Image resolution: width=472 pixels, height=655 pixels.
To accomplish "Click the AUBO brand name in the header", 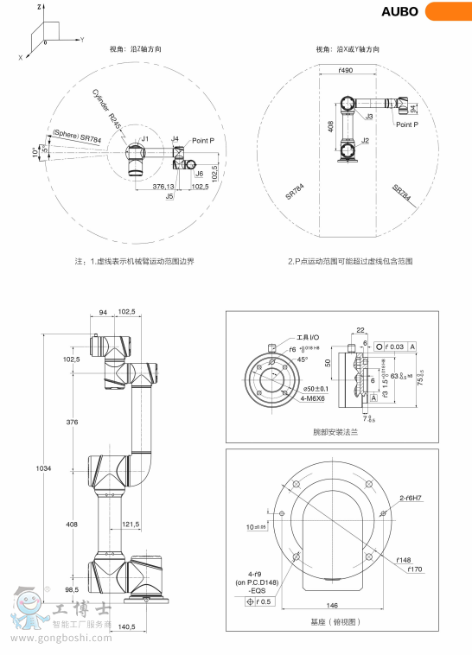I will pos(399,11).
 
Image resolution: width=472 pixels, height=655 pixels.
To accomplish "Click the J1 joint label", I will pos(145,138).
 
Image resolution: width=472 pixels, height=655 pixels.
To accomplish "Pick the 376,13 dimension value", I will pos(163,186).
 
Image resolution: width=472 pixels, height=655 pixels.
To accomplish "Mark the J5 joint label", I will pos(170,196).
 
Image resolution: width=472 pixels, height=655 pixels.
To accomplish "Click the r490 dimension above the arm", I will pos(347,69).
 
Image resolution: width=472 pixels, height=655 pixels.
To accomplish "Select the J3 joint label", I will pos(369,116).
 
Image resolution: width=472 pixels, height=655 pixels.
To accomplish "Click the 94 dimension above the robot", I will pos(103,312).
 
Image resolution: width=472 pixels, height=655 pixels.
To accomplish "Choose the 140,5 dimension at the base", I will pos(127,626).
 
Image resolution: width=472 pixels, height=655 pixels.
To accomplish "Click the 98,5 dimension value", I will pos(72,588).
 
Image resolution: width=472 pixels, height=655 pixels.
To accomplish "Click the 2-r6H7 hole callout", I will pos(411,498).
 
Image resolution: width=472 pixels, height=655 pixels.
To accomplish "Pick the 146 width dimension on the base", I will pos(331,606).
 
